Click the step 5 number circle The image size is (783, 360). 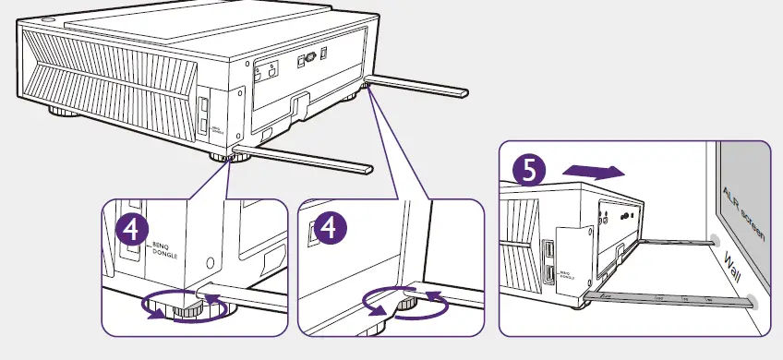coord(529,170)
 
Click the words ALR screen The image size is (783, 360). coord(741,212)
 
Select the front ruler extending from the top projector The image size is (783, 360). coord(305,158)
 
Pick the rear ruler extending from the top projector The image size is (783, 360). coord(420,86)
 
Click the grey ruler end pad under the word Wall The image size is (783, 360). coord(753,300)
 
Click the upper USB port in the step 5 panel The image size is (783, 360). coord(548,250)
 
